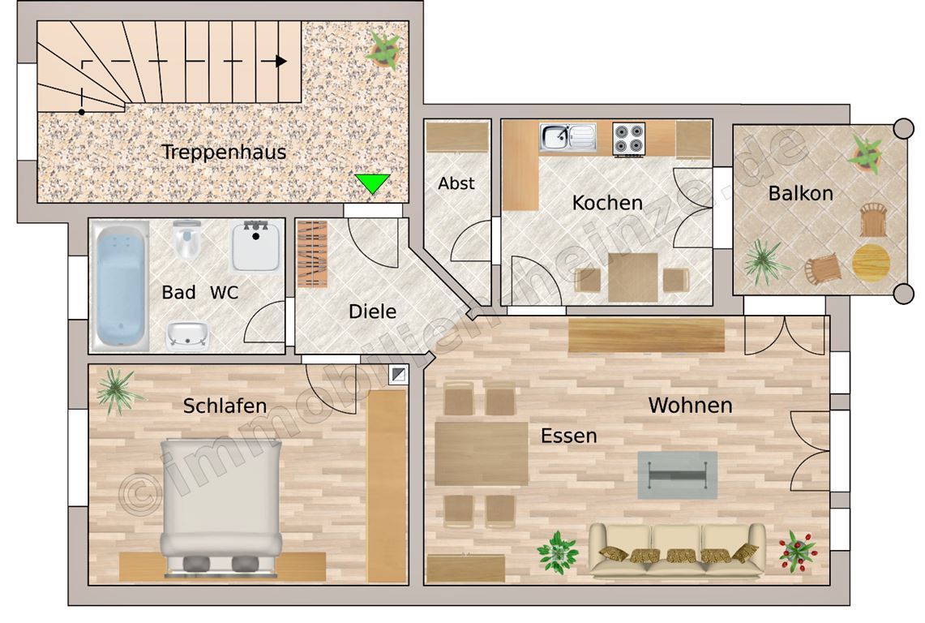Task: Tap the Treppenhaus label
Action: [x=224, y=152]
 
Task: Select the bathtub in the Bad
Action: [x=120, y=287]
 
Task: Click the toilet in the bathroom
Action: [x=187, y=240]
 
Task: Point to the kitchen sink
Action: [x=568, y=137]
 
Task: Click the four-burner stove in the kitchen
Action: [x=629, y=139]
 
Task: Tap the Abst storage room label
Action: [x=456, y=183]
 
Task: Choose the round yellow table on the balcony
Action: [x=871, y=263]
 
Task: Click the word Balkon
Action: [x=800, y=193]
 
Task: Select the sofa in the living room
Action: [x=677, y=549]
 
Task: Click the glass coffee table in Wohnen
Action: [x=677, y=475]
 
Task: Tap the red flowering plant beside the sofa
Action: [x=798, y=551]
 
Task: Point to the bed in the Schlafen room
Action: [x=221, y=508]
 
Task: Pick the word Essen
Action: [x=568, y=436]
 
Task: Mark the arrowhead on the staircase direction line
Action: [x=281, y=61]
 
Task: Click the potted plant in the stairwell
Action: [x=384, y=50]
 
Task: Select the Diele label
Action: [x=372, y=311]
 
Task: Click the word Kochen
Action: [x=607, y=203]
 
